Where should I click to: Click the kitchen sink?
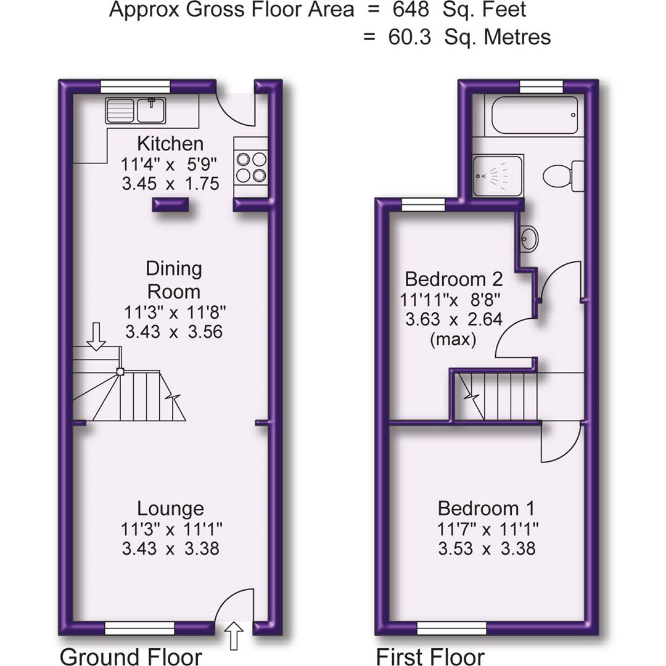pos(136,111)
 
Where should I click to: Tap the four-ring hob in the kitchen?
pos(251,167)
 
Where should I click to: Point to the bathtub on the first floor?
pos(531,115)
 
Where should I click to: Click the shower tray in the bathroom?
pos(498,175)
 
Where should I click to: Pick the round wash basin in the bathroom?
pos(529,237)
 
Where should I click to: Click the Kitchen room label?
pos(170,144)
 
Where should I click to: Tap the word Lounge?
pos(170,509)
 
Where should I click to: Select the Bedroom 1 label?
pos(486,509)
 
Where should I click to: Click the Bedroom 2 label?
pos(453,279)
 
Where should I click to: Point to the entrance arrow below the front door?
pos(234,635)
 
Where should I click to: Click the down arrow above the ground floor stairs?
pos(96,336)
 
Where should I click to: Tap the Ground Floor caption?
pos(130,656)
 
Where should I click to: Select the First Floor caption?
pos(430,656)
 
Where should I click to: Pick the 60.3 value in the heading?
pos(409,37)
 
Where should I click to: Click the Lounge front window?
pos(140,628)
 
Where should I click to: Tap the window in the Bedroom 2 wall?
pos(423,204)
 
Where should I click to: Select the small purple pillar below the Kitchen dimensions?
pos(170,205)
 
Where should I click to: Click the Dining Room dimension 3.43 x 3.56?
pos(173,332)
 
